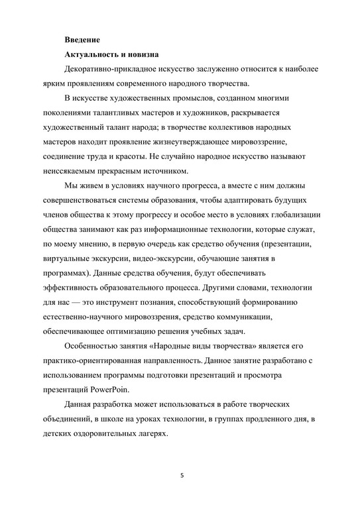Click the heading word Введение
tap(82, 40)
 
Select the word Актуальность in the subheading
tap(96, 54)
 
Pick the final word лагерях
tap(151, 433)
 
